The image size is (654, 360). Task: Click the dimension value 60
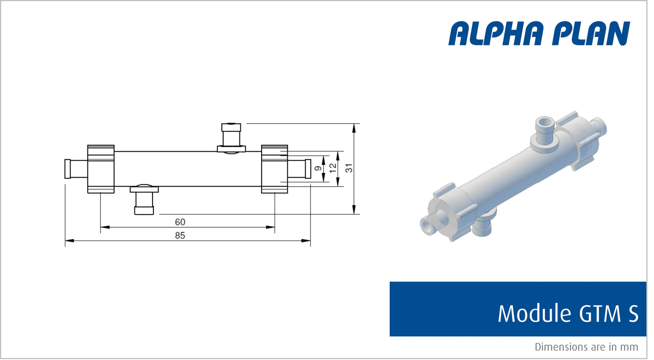[180, 222]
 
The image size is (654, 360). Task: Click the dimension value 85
[180, 235]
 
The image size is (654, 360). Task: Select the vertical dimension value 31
[349, 168]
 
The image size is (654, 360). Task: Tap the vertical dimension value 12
[333, 168]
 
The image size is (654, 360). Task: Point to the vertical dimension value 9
[318, 168]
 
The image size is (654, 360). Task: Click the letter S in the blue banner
[633, 313]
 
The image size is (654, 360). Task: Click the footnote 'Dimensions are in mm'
[586, 347]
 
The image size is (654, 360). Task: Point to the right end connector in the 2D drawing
[300, 168]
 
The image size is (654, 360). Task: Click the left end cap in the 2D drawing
[100, 169]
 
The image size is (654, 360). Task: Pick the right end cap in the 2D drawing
[274, 169]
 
